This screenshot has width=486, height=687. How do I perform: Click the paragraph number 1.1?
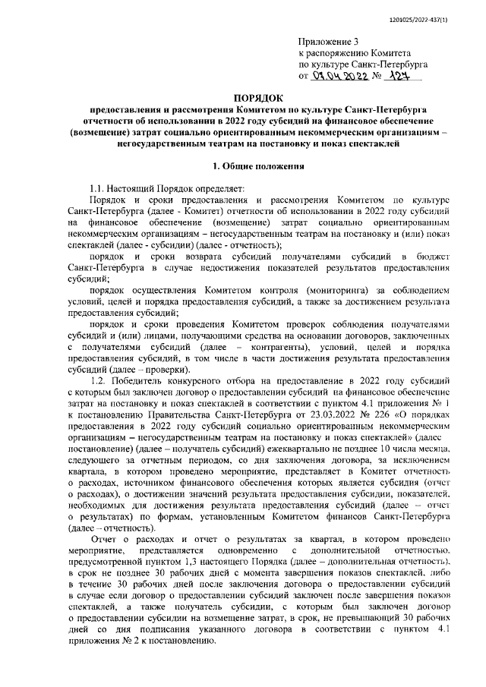coord(99,187)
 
